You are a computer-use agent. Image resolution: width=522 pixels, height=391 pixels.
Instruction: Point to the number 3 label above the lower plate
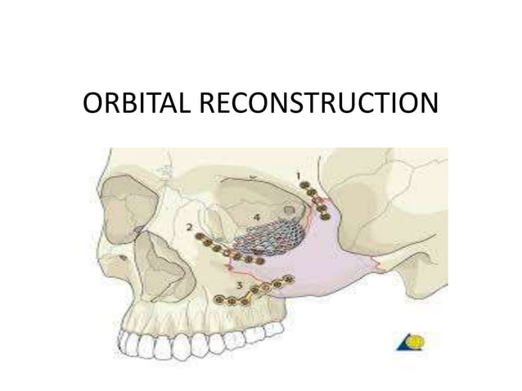pyautogui.click(x=238, y=285)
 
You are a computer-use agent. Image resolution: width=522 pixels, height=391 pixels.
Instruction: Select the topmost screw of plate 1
pyautogui.click(x=304, y=186)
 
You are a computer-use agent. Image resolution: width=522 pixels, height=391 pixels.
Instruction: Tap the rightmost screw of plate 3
pyautogui.click(x=288, y=281)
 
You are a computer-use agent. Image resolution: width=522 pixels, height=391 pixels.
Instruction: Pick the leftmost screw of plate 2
pyautogui.click(x=199, y=237)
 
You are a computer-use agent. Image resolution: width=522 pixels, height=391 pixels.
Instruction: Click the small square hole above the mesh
pyautogui.click(x=288, y=209)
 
